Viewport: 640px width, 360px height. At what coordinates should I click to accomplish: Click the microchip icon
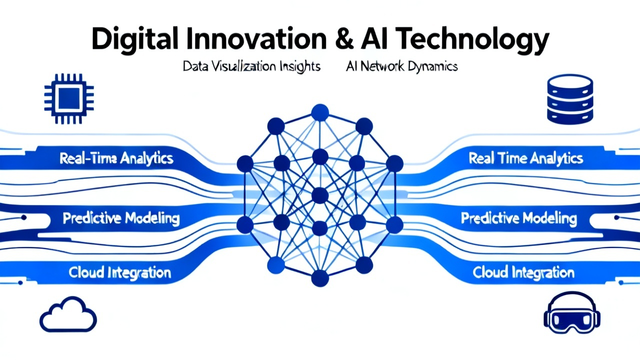[x=69, y=98]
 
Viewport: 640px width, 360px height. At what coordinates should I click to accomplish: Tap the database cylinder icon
[x=570, y=99]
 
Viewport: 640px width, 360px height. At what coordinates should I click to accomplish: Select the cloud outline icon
[x=68, y=314]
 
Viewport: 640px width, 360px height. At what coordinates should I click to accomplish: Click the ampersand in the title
[x=344, y=38]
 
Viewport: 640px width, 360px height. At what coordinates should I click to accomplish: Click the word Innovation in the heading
[x=256, y=38]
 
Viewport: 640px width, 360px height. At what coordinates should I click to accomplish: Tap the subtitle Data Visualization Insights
[x=251, y=66]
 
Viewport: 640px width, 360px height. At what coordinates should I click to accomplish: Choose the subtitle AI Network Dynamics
[x=401, y=66]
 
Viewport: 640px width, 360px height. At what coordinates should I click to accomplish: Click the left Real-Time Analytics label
[x=116, y=158]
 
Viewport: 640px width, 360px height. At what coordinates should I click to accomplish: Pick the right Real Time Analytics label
[x=525, y=158]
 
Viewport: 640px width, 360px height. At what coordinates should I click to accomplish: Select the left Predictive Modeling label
[x=121, y=218]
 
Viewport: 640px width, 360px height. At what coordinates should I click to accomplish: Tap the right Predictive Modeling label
[x=519, y=218]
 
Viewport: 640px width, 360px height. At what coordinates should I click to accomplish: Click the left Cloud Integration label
[x=119, y=272]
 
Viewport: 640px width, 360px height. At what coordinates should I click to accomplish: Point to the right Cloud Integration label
[x=523, y=272]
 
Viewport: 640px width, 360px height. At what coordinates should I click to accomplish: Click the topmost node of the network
[x=320, y=112]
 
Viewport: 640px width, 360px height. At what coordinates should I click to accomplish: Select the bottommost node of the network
[x=320, y=278]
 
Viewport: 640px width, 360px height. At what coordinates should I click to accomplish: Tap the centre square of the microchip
[x=69, y=98]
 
